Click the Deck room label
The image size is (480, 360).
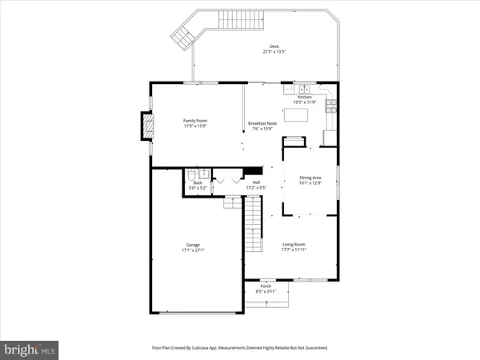click(x=274, y=46)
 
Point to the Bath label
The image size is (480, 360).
click(x=198, y=182)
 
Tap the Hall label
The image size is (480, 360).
click(x=257, y=182)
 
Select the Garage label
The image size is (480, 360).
click(x=194, y=245)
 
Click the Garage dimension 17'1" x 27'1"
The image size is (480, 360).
click(x=194, y=250)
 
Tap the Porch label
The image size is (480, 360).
click(x=266, y=286)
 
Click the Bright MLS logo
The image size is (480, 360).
click(x=31, y=349)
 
